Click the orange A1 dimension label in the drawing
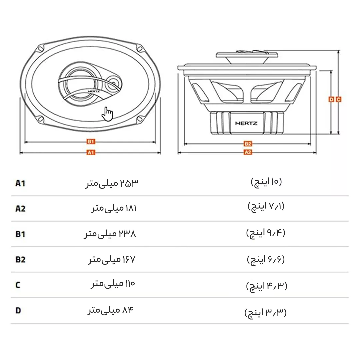(91, 152)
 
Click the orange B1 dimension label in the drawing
(91, 141)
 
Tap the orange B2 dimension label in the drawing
(248, 144)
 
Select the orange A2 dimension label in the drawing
(248, 152)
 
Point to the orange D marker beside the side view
(331, 99)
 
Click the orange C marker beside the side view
(338, 99)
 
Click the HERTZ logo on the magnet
(246, 123)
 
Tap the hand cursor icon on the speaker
(107, 114)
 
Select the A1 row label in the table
(20, 183)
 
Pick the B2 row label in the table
(20, 259)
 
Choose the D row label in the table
(18, 310)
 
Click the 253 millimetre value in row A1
(112, 183)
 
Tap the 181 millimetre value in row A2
(114, 208)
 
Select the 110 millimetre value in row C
(113, 284)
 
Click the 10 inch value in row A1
(266, 182)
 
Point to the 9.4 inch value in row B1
(266, 233)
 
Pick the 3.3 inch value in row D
(266, 313)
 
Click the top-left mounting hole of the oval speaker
(41, 49)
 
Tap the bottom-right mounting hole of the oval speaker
(140, 119)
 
